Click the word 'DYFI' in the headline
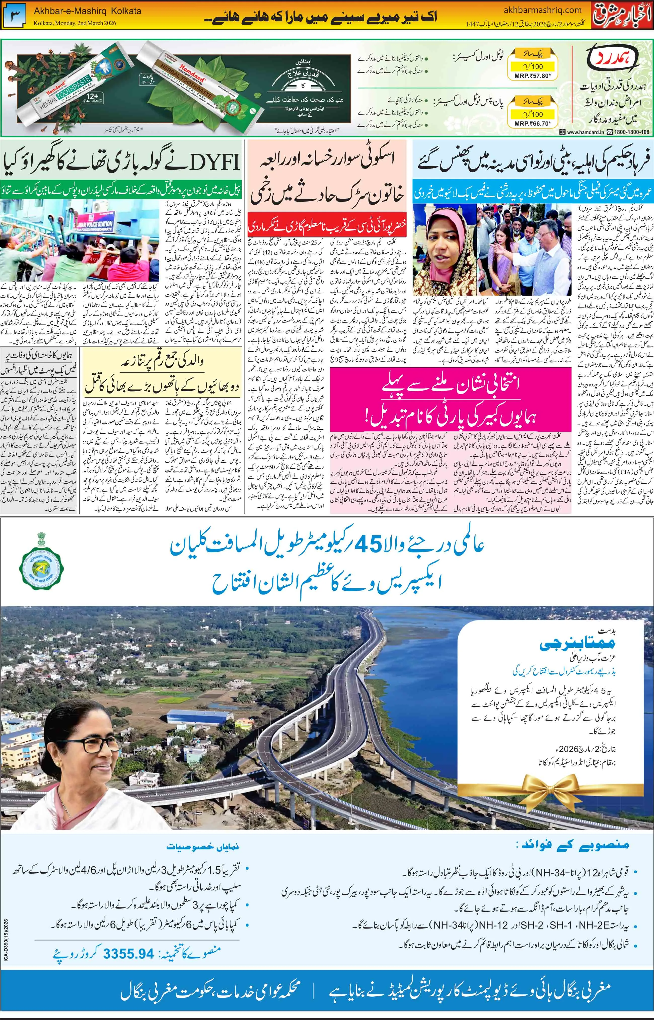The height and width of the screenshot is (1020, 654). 212,161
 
